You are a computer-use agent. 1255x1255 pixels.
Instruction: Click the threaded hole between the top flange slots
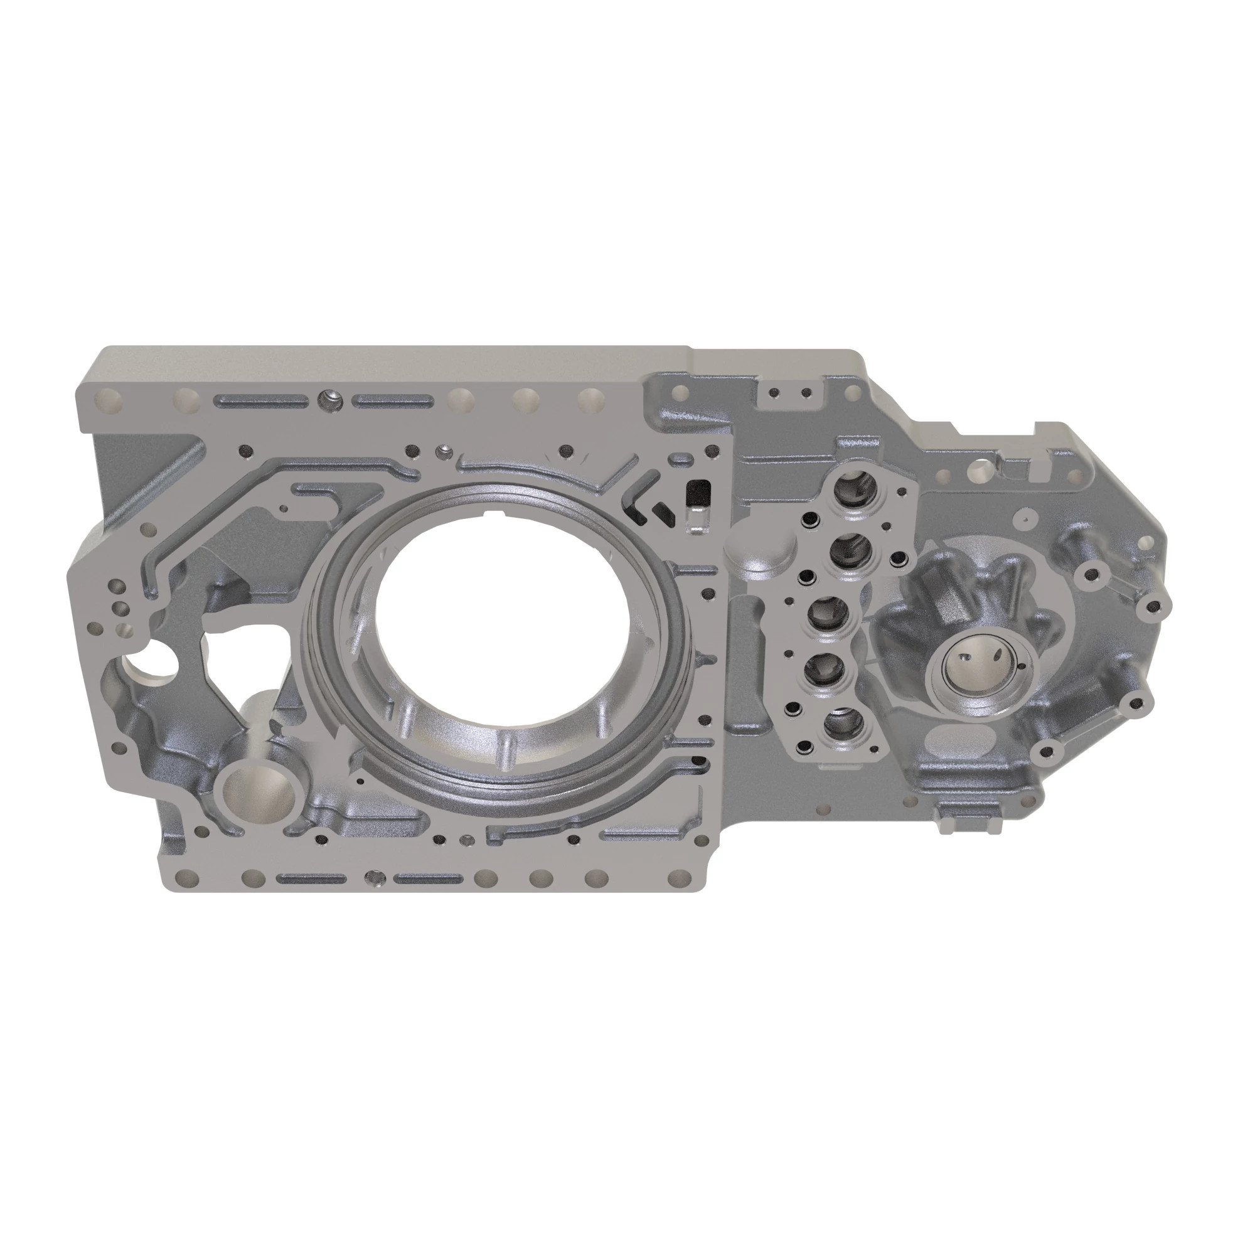pos(329,400)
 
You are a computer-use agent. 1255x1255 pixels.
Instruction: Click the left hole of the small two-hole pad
pos(774,392)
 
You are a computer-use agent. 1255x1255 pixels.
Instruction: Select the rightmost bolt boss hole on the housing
pos(1153,607)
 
